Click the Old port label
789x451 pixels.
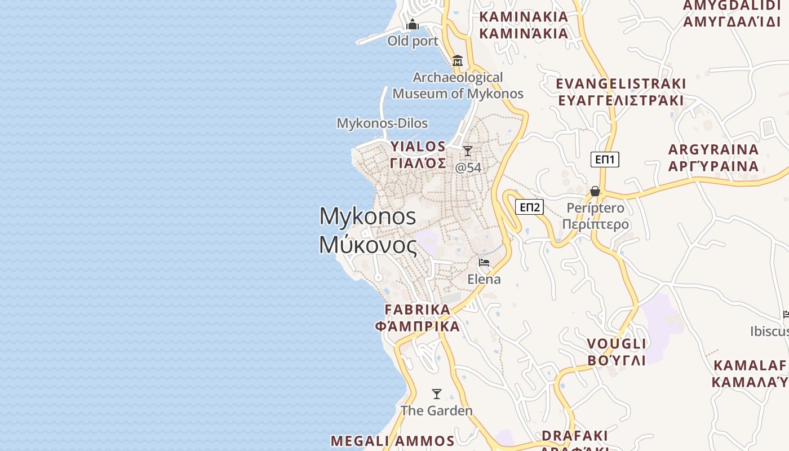(413, 41)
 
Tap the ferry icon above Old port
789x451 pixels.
(413, 24)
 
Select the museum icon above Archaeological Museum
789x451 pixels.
(458, 60)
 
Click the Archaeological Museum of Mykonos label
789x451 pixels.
(458, 85)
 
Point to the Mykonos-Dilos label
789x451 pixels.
(382, 123)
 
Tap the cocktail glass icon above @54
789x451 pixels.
(468, 151)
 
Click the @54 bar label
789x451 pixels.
(468, 167)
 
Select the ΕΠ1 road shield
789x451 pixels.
(605, 160)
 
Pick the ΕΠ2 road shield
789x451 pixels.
(529, 207)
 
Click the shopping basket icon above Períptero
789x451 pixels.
(595, 192)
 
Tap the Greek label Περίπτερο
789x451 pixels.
(595, 224)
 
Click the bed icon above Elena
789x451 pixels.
(484, 263)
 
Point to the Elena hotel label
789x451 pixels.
(484, 279)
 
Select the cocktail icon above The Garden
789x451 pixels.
(437, 393)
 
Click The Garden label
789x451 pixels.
(437, 410)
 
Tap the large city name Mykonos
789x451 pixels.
(367, 216)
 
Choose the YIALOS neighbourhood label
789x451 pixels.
(418, 147)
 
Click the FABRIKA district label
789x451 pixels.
(418, 309)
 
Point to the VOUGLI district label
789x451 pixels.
(617, 344)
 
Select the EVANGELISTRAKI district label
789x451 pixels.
(621, 84)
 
